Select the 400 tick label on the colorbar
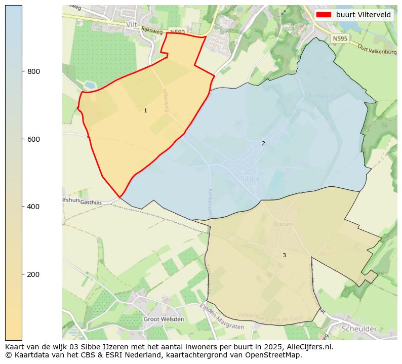tap(33, 207)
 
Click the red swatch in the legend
tap(324, 15)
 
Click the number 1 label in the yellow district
tap(145, 110)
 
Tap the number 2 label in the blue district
tap(263, 143)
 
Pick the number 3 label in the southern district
tap(284, 255)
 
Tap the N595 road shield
tap(340, 38)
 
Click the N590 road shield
tap(177, 32)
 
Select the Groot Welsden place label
tap(164, 319)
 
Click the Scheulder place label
tap(359, 329)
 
